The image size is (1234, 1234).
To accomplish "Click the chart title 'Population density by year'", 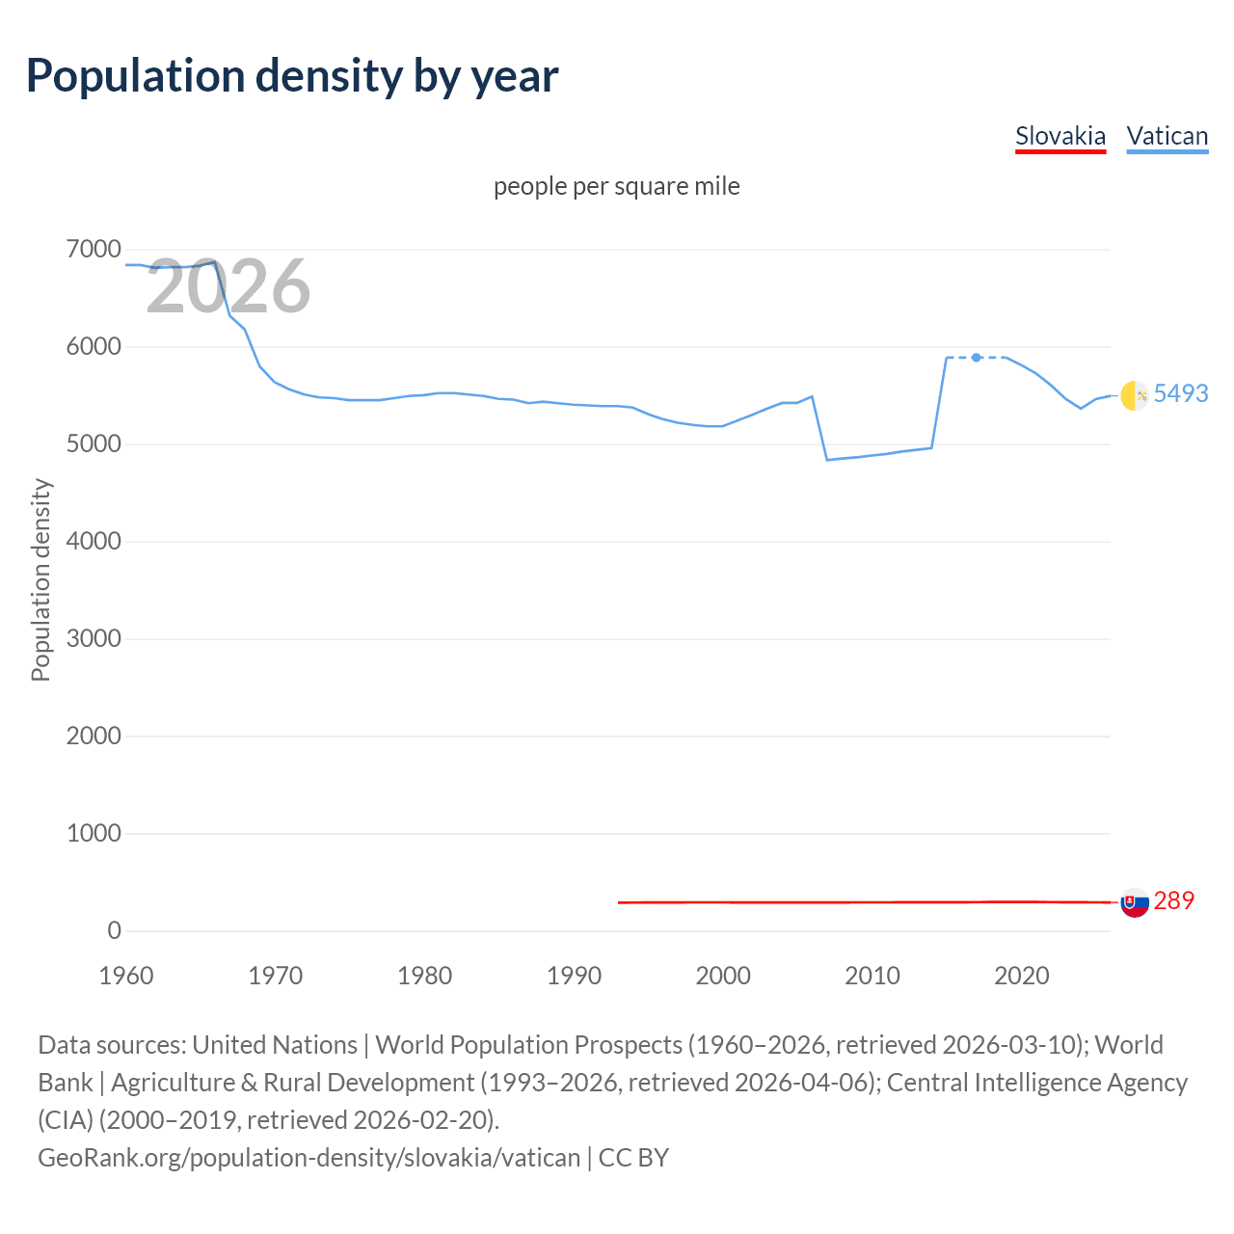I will coord(292,76).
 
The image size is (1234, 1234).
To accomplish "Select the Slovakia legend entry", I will coord(1060,136).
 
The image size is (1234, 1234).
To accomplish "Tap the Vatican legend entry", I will coord(1167,136).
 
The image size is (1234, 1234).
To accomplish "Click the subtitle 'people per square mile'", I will coord(617,186).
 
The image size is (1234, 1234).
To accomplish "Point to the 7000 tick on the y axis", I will coord(94,250).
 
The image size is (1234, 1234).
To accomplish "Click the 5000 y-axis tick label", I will coord(94,444).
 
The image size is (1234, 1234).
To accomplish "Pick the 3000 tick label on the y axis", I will coord(94,639).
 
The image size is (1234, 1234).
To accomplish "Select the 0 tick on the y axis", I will coord(114,930).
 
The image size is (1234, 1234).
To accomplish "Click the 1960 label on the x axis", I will coord(126,976).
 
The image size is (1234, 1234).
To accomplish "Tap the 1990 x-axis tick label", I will coord(574,976).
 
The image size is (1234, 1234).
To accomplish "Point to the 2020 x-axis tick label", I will coord(1021,976).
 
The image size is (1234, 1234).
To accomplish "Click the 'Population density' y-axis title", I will coord(40,580).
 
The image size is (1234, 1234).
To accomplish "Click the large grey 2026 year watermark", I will coord(228,287).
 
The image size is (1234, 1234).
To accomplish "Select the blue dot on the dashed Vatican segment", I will coord(977,358).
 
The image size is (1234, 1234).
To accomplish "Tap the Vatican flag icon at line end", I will coord(1134,395).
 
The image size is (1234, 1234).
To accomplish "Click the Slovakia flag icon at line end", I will coord(1135,902).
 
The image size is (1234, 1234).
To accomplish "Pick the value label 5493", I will coord(1181,393).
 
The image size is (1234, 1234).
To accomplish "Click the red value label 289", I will coord(1173,900).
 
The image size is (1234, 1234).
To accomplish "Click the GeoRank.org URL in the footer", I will coord(308,1157).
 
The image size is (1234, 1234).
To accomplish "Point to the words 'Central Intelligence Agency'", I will coord(1036,1083).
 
